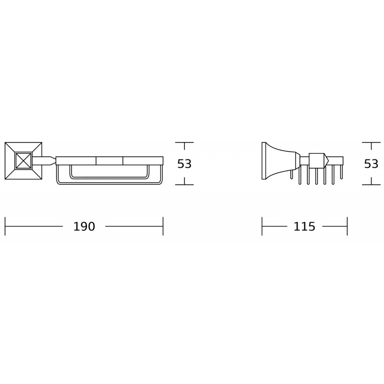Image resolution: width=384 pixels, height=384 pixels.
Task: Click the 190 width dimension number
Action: pos(84,227)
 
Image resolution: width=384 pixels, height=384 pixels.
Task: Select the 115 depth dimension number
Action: pos(304,227)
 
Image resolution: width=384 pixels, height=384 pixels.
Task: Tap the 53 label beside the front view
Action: pos(184,164)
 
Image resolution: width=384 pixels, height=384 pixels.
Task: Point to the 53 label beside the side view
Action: pos(371,164)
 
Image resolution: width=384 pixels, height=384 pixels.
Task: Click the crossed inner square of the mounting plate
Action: pos(23,161)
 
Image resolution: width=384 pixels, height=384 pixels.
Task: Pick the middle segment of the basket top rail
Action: pos(109,161)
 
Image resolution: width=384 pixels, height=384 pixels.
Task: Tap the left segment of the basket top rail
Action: pos(76,161)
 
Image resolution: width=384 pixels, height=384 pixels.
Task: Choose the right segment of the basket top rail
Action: pos(143,161)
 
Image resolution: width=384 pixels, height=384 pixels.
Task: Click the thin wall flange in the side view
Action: pos(264,161)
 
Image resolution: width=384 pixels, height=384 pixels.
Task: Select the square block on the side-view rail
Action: pos(316,160)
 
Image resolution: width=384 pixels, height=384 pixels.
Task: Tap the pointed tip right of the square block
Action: pos(326,160)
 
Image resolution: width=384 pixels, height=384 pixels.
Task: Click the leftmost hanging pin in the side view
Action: pos(291,174)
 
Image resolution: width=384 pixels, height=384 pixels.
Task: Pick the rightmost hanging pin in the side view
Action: pos(341,172)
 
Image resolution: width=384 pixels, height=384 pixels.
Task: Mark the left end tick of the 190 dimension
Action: pos(5,227)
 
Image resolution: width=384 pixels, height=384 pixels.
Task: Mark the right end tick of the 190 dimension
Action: pos(163,227)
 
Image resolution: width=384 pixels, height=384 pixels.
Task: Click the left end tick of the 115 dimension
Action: pos(262,227)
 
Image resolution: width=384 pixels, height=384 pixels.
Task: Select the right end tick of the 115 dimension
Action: pos(347,227)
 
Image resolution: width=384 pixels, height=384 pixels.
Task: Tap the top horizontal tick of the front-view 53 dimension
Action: pos(184,143)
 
